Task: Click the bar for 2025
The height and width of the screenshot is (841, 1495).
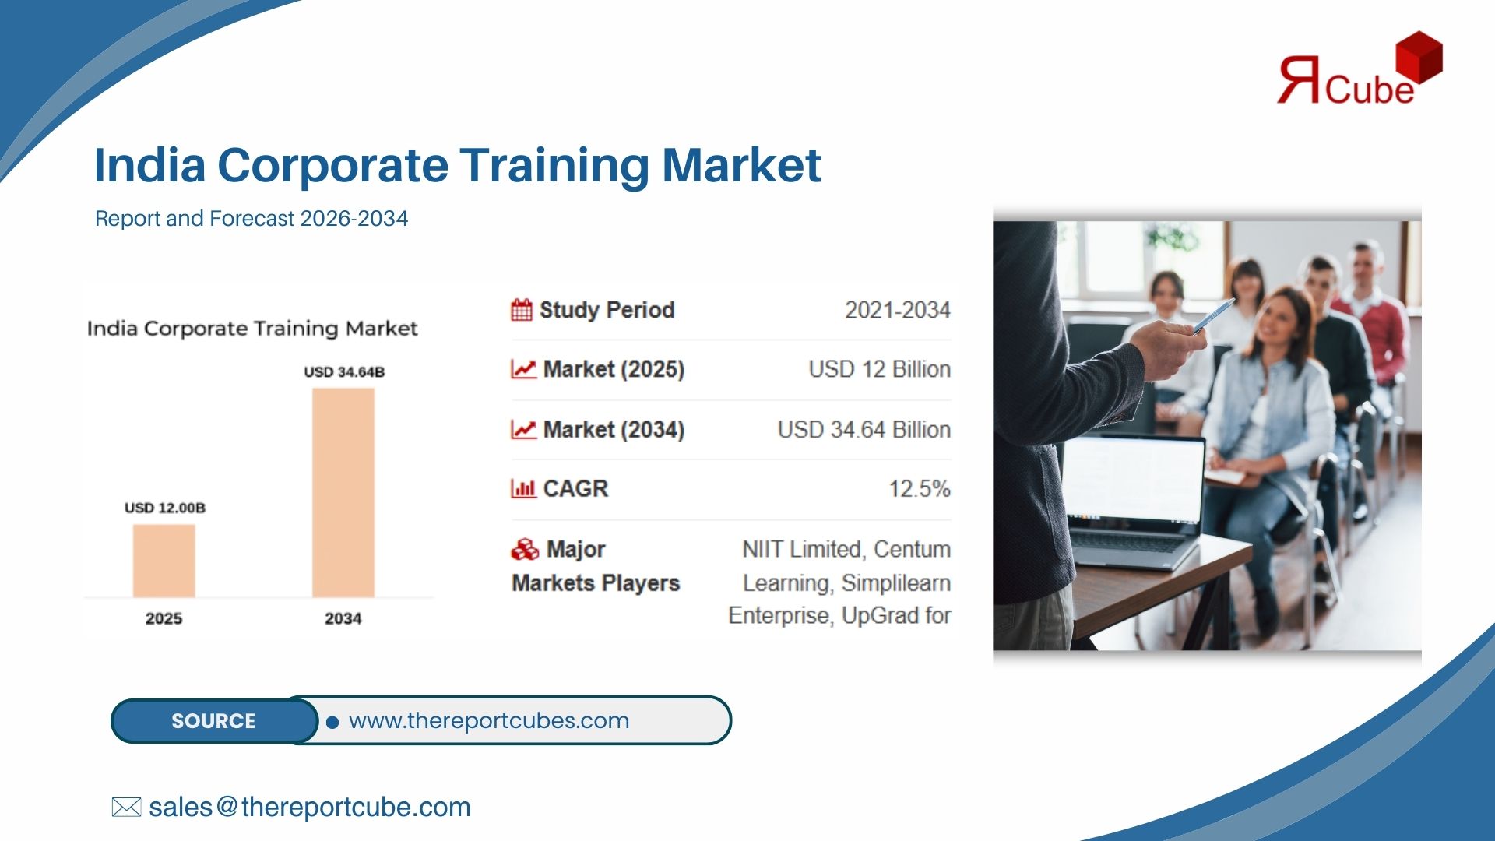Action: pyautogui.click(x=164, y=561)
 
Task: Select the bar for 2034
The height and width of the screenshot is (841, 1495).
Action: pyautogui.click(x=343, y=492)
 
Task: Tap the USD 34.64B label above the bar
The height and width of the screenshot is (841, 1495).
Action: pyautogui.click(x=343, y=372)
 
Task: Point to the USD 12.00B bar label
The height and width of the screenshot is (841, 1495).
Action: pyautogui.click(x=164, y=508)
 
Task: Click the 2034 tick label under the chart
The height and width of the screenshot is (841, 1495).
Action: pyautogui.click(x=343, y=618)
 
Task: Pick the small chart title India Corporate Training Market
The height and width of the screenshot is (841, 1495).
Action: pyautogui.click(x=252, y=329)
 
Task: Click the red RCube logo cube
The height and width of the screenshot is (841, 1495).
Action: pyautogui.click(x=1419, y=56)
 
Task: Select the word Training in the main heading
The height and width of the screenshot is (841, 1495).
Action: pyautogui.click(x=554, y=165)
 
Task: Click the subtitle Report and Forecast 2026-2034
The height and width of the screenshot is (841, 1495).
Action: pyautogui.click(x=251, y=219)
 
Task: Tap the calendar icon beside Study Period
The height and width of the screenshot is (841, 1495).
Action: pyautogui.click(x=522, y=310)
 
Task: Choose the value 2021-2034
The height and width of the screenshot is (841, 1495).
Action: pyautogui.click(x=897, y=310)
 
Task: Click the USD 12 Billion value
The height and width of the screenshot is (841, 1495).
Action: pyautogui.click(x=879, y=369)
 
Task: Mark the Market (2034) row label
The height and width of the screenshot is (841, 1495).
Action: pyautogui.click(x=613, y=430)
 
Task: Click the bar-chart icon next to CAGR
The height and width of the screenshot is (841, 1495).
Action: pyautogui.click(x=523, y=489)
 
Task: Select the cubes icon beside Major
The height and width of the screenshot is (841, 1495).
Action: pyautogui.click(x=525, y=550)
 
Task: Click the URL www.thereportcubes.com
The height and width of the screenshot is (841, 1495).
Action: pyautogui.click(x=488, y=721)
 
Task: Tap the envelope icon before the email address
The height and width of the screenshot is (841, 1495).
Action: pyautogui.click(x=126, y=808)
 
